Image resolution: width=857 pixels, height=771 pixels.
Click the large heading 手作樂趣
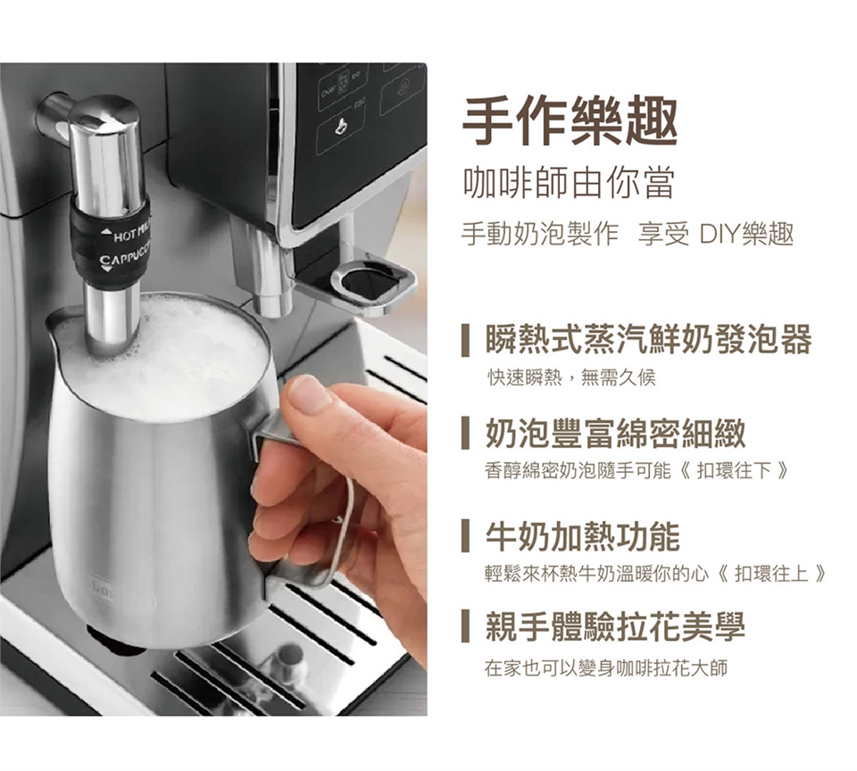pos(570,121)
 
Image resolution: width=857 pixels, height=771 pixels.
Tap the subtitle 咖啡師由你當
pos(569,184)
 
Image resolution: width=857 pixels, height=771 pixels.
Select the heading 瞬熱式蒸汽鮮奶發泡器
pos(649,339)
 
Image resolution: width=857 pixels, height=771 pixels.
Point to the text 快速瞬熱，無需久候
pos(571,377)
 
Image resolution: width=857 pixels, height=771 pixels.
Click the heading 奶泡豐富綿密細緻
pos(615,434)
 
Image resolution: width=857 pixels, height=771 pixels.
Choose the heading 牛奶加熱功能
pos(583,536)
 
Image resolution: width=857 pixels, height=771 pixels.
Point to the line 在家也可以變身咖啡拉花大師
pos(606,667)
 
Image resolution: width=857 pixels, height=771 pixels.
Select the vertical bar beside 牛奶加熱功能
pos(465,536)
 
